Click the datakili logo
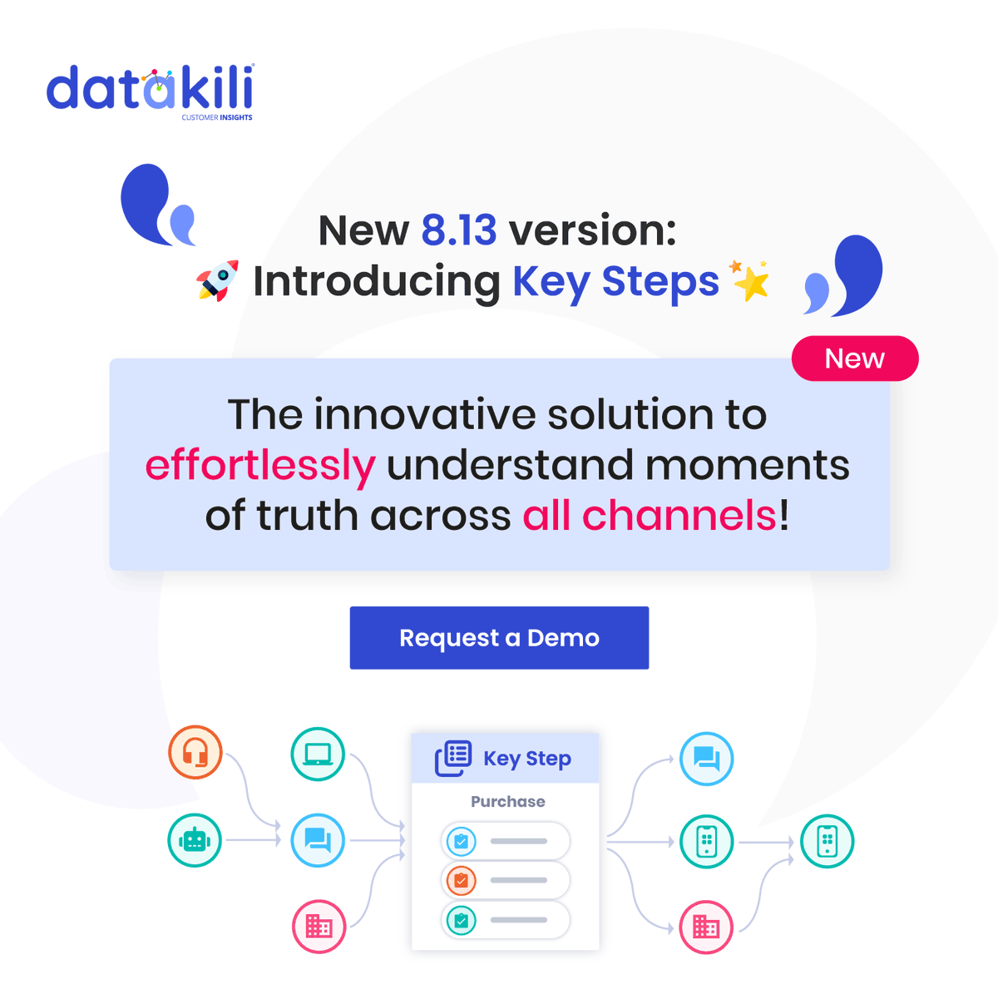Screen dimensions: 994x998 click(x=150, y=90)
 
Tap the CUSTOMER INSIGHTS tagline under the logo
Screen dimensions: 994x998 click(x=217, y=118)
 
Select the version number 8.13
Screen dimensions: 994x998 click(x=458, y=230)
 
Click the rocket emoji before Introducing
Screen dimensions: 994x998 click(x=217, y=281)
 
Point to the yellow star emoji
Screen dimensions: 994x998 click(x=751, y=282)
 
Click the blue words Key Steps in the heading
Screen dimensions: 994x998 click(x=615, y=282)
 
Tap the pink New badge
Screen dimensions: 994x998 click(x=854, y=359)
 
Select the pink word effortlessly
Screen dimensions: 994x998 click(x=260, y=465)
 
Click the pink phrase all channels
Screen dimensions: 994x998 click(x=650, y=516)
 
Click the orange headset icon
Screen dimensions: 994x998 click(x=195, y=752)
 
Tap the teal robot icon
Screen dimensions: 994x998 click(x=195, y=840)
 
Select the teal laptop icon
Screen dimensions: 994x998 click(x=318, y=754)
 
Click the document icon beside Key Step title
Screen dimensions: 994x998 click(x=453, y=758)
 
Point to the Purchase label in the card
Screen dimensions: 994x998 click(x=507, y=802)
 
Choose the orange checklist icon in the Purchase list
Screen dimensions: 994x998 click(x=462, y=880)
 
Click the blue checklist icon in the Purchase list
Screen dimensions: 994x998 click(x=462, y=841)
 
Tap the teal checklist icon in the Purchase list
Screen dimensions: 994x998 click(x=462, y=920)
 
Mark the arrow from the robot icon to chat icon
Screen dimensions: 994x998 click(x=254, y=840)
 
